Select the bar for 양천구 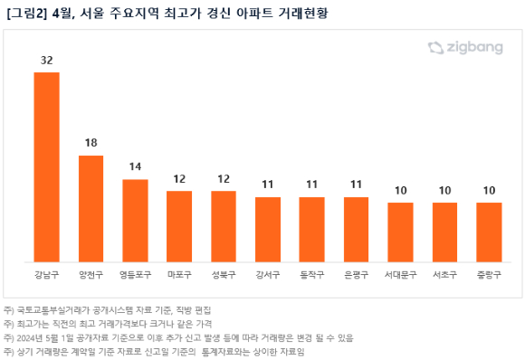91,208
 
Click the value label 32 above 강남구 47,60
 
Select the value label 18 91,143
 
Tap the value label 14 135,167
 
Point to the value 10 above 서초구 444,191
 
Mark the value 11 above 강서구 268,185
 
